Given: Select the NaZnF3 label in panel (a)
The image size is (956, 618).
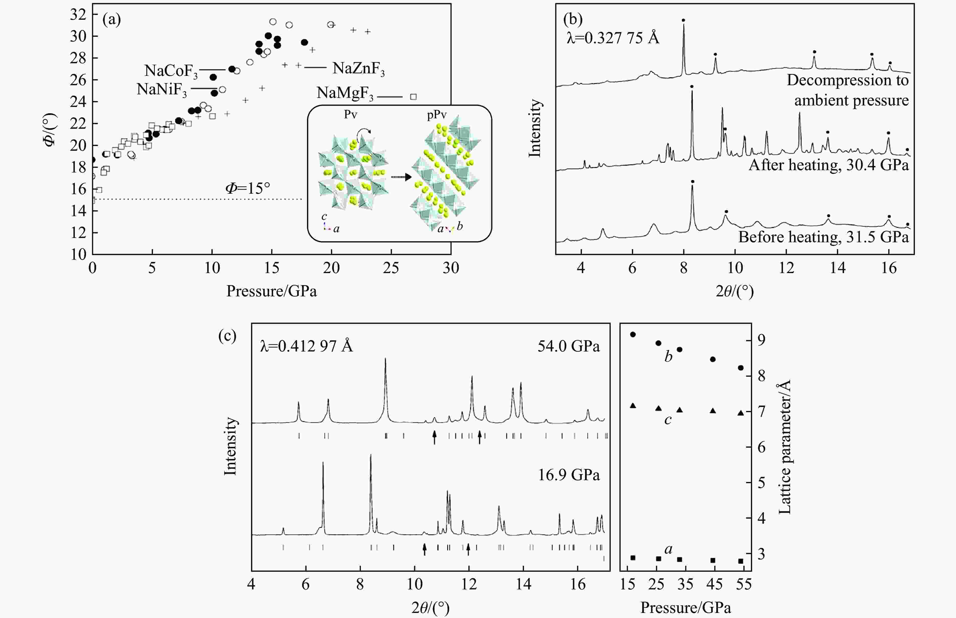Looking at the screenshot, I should point(358,69).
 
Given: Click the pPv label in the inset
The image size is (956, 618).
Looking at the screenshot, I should point(437,115).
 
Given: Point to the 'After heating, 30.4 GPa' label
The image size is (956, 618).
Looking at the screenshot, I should point(828,165).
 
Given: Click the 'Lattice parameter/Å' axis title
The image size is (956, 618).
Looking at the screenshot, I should point(784,447).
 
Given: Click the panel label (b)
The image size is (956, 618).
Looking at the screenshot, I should point(573,19).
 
